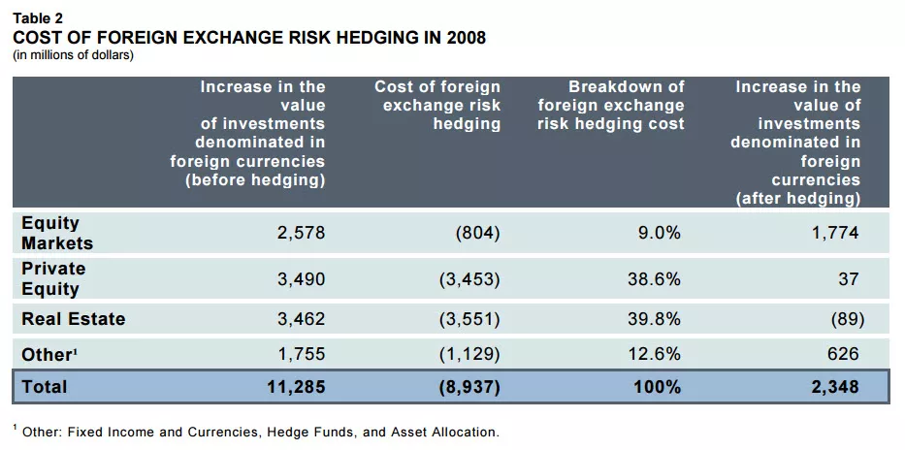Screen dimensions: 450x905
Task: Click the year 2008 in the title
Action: (x=464, y=38)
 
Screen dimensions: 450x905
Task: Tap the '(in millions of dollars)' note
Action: (x=72, y=54)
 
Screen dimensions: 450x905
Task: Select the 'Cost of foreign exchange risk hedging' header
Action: (x=437, y=106)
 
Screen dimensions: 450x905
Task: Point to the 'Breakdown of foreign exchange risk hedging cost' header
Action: (x=611, y=106)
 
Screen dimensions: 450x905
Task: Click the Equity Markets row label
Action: (x=57, y=233)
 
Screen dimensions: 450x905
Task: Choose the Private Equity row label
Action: (x=53, y=278)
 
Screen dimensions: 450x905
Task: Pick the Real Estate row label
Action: (x=73, y=318)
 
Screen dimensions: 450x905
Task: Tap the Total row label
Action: (x=45, y=386)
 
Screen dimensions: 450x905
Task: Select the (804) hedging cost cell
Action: (x=477, y=233)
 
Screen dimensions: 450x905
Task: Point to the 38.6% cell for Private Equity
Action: (x=653, y=279)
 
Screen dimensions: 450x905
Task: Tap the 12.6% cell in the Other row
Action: (x=653, y=355)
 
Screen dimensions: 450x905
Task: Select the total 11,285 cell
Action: (x=296, y=386)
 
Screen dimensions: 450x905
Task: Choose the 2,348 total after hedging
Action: (x=835, y=386)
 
